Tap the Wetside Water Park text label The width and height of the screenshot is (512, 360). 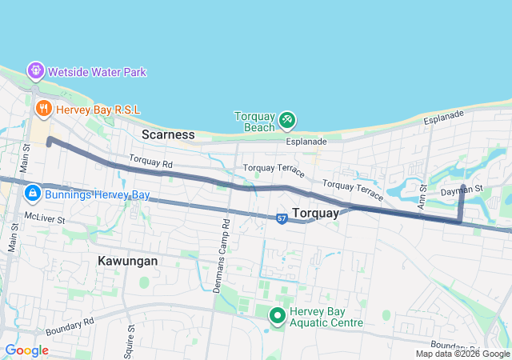[x=97, y=72]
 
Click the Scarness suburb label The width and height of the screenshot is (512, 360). [x=168, y=134]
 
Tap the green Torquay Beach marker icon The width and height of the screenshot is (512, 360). [x=287, y=120]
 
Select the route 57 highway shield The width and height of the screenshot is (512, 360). [x=282, y=218]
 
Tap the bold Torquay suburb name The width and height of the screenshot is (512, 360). [x=316, y=213]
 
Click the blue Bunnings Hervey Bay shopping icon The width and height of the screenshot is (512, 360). [x=33, y=194]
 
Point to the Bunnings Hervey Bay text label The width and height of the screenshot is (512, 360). [x=98, y=194]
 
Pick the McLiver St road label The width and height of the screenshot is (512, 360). [x=44, y=217]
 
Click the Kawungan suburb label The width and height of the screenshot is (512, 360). [x=127, y=261]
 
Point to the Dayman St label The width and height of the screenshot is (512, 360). [x=462, y=190]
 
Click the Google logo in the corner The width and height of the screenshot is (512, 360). [x=26, y=350]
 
